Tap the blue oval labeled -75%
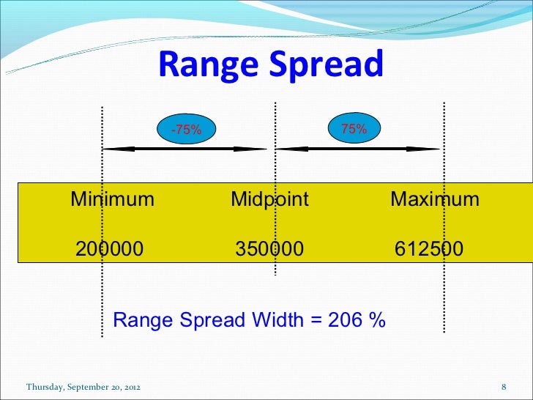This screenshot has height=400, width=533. (x=186, y=130)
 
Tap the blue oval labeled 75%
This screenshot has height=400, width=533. (x=354, y=128)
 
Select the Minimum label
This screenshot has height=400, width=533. (x=112, y=199)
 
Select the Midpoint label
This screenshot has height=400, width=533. (x=269, y=199)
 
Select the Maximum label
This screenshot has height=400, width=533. (x=435, y=199)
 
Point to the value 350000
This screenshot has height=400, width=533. (x=269, y=249)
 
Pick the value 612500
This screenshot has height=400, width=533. (x=429, y=249)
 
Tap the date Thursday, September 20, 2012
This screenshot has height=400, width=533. (x=83, y=386)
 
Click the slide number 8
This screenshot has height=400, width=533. (x=504, y=386)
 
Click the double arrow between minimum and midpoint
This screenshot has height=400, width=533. (x=186, y=149)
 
